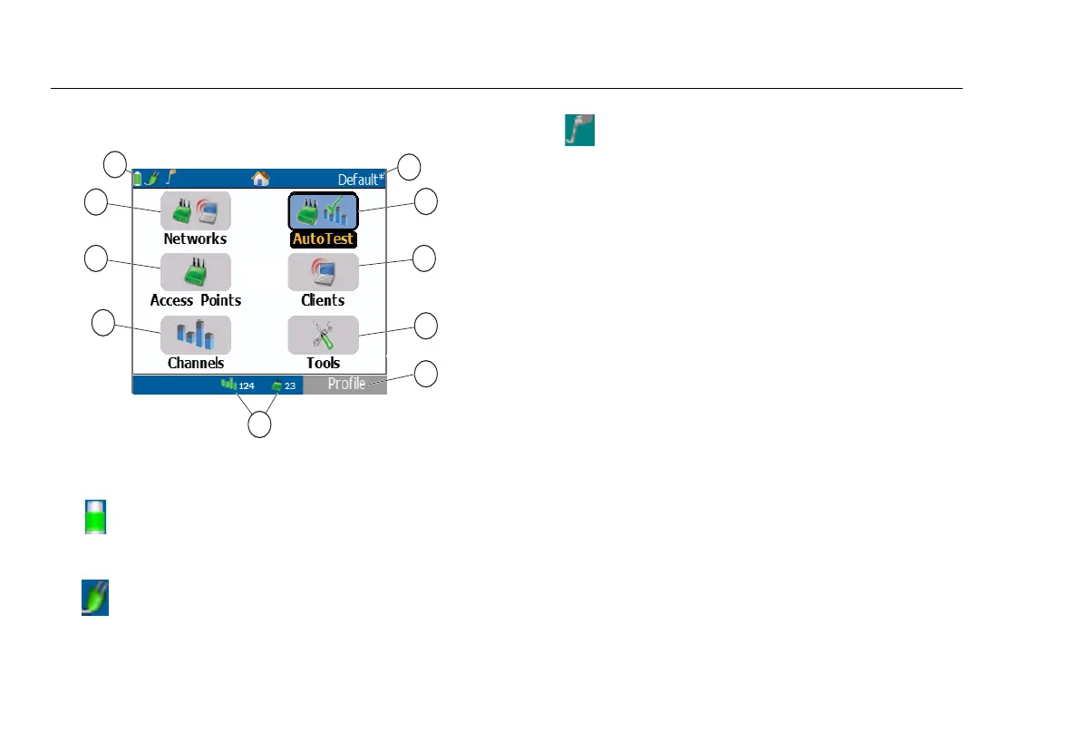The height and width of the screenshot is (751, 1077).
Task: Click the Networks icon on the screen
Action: coord(195,210)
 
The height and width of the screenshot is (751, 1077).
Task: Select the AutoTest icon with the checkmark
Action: coord(324,210)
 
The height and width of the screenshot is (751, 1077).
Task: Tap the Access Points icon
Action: coord(195,271)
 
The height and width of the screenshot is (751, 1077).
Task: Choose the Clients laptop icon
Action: coord(324,271)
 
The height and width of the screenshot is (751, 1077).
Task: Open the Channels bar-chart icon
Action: coord(195,335)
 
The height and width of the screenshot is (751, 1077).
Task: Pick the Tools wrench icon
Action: coord(324,335)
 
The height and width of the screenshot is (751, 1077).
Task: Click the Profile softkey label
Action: coord(346,385)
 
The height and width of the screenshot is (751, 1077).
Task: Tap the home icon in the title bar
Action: coord(260,179)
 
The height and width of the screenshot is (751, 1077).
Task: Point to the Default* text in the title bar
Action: coord(361,179)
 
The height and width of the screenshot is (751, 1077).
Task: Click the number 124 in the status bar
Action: coord(247,386)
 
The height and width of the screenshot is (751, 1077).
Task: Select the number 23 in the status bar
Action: coord(290,386)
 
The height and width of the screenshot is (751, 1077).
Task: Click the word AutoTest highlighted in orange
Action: coord(324,240)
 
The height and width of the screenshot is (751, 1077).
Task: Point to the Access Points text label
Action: coord(196,300)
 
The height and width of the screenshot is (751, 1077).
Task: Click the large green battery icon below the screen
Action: coord(95,516)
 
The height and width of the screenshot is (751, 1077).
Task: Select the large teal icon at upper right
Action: coord(580,129)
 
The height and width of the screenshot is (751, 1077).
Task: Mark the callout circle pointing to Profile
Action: coord(427,375)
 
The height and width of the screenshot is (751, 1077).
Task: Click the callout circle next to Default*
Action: coord(410,167)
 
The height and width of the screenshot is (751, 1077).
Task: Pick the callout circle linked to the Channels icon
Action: coord(104,323)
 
